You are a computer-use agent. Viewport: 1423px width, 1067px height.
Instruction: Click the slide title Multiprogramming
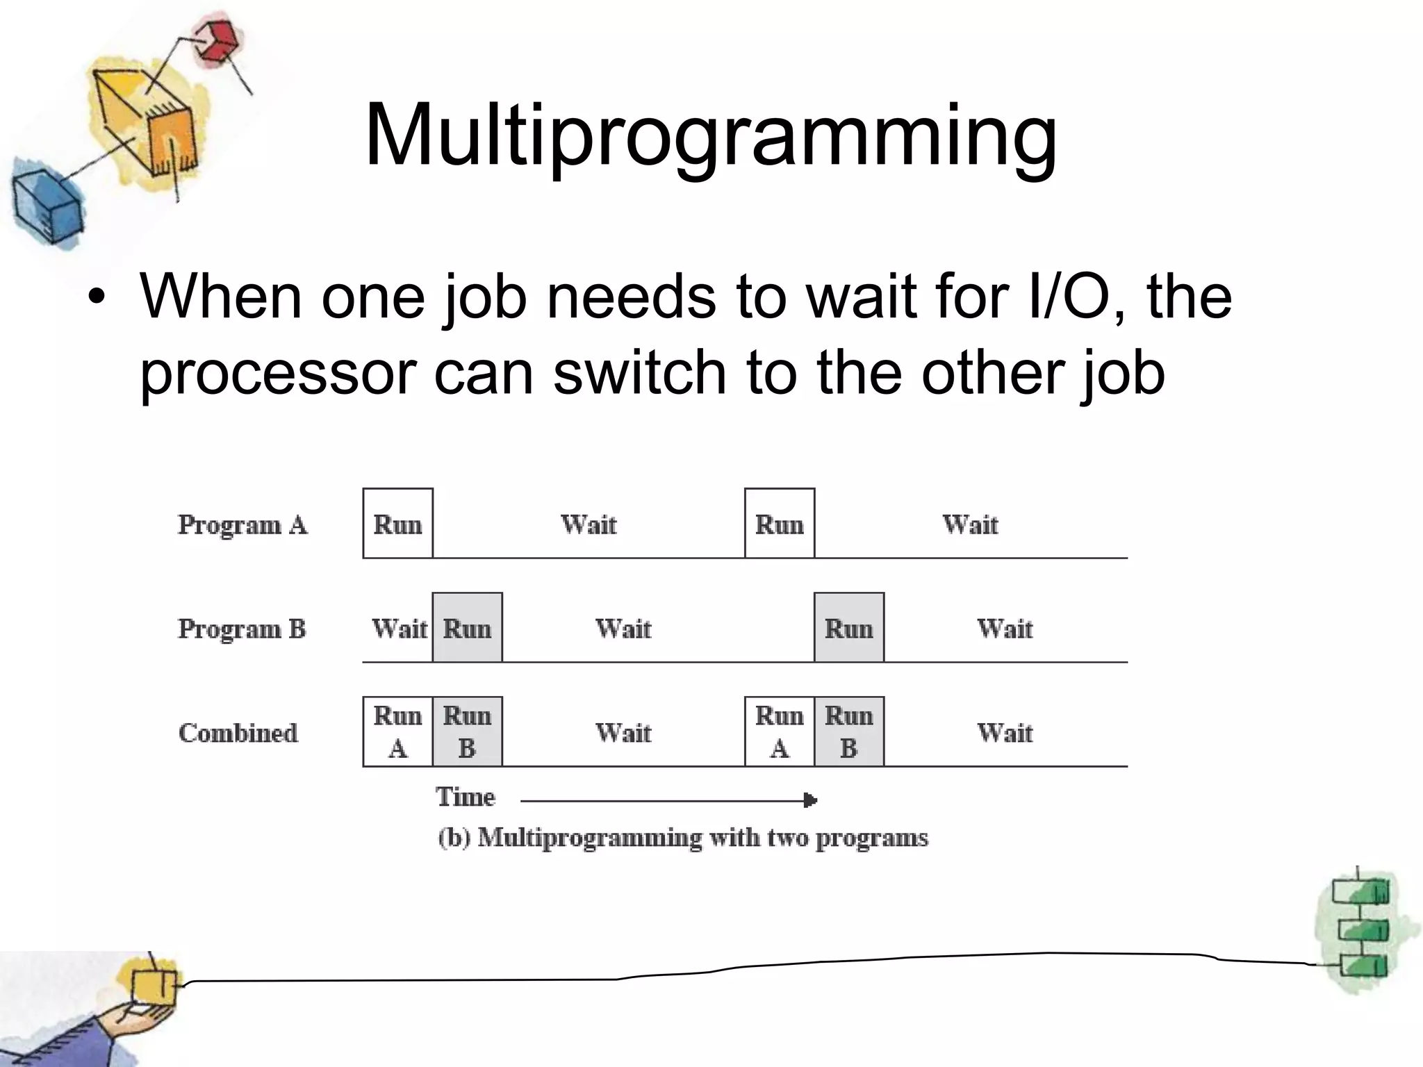pyautogui.click(x=710, y=135)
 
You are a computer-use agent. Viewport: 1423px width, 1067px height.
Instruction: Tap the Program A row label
pyautogui.click(x=242, y=524)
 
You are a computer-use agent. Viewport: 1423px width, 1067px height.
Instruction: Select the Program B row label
pyautogui.click(x=242, y=629)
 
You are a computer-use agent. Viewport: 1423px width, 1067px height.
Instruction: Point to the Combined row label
pyautogui.click(x=238, y=733)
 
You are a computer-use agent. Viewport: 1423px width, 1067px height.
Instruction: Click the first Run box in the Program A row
pyautogui.click(x=398, y=524)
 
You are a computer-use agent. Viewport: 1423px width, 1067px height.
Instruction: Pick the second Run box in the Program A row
pyautogui.click(x=780, y=524)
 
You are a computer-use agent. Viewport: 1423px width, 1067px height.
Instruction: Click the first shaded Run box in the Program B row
pyautogui.click(x=468, y=628)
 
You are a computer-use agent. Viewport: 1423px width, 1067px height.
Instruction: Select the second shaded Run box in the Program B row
pyautogui.click(x=849, y=628)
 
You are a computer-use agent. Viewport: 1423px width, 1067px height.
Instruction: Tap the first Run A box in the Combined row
pyautogui.click(x=398, y=731)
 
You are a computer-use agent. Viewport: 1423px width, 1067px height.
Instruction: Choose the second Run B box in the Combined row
pyautogui.click(x=849, y=731)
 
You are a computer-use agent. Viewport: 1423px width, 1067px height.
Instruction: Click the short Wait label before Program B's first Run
pyautogui.click(x=399, y=629)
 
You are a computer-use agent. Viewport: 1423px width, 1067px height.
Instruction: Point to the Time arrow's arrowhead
pyautogui.click(x=810, y=800)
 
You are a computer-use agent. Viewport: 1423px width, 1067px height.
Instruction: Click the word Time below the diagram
pyautogui.click(x=466, y=797)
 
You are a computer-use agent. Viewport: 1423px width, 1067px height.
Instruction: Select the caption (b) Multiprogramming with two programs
pyautogui.click(x=683, y=838)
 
